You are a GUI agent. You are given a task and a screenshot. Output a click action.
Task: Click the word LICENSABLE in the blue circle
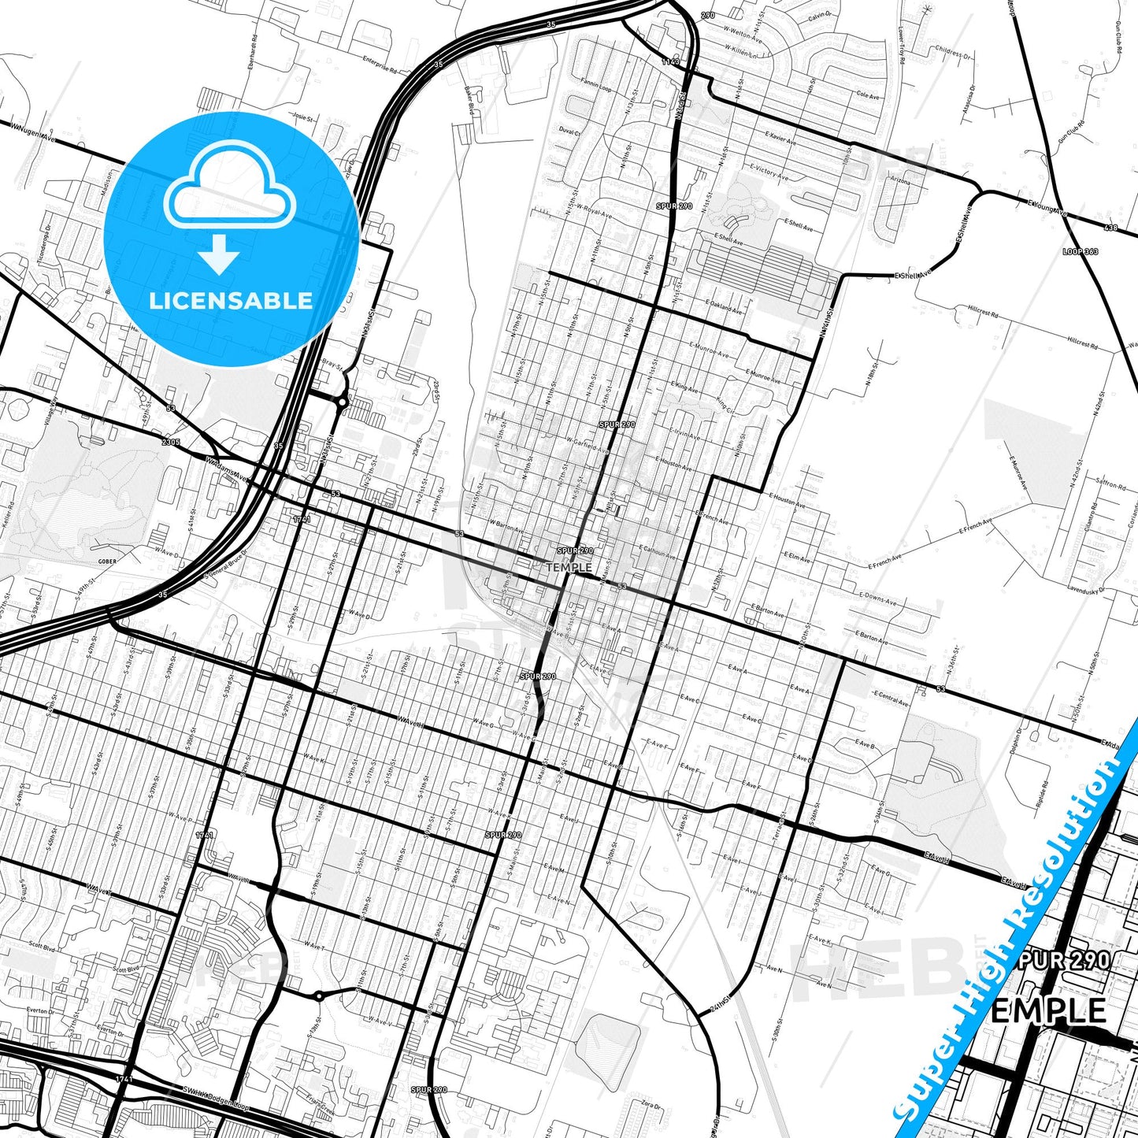click(231, 300)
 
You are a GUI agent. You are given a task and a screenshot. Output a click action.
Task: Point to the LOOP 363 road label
click(1080, 251)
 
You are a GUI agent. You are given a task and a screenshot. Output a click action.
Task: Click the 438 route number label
click(1110, 228)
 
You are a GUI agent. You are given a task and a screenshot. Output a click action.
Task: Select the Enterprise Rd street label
click(380, 63)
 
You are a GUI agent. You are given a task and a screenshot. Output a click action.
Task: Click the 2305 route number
click(171, 443)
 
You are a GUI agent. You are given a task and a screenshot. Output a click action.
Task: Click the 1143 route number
click(670, 61)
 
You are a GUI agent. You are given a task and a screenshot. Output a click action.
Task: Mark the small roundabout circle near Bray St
click(341, 402)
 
